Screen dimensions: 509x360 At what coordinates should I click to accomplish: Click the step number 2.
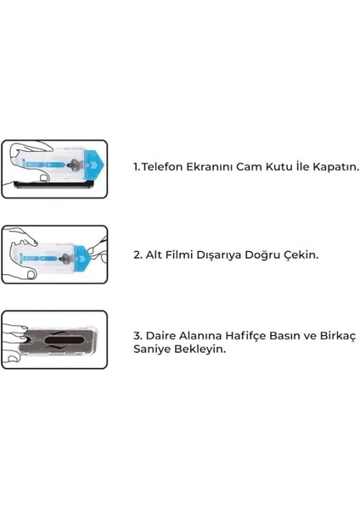[x=138, y=253]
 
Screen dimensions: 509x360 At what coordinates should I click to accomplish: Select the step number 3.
[x=138, y=336]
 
